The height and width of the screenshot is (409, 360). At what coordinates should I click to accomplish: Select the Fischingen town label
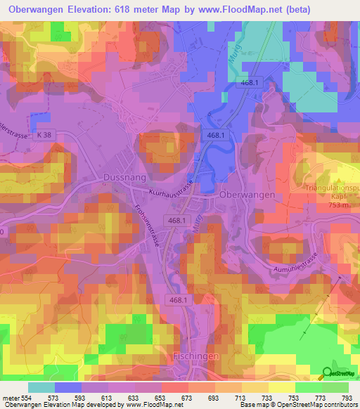(197, 356)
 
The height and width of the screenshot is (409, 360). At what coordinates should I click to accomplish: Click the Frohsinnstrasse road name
(149, 224)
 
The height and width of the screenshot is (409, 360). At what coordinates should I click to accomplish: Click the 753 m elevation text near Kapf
(340, 206)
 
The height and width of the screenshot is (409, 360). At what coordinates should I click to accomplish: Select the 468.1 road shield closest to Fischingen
(178, 300)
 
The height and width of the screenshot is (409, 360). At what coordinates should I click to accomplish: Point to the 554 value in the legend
(25, 398)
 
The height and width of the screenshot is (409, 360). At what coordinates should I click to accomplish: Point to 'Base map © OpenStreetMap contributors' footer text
(298, 405)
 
